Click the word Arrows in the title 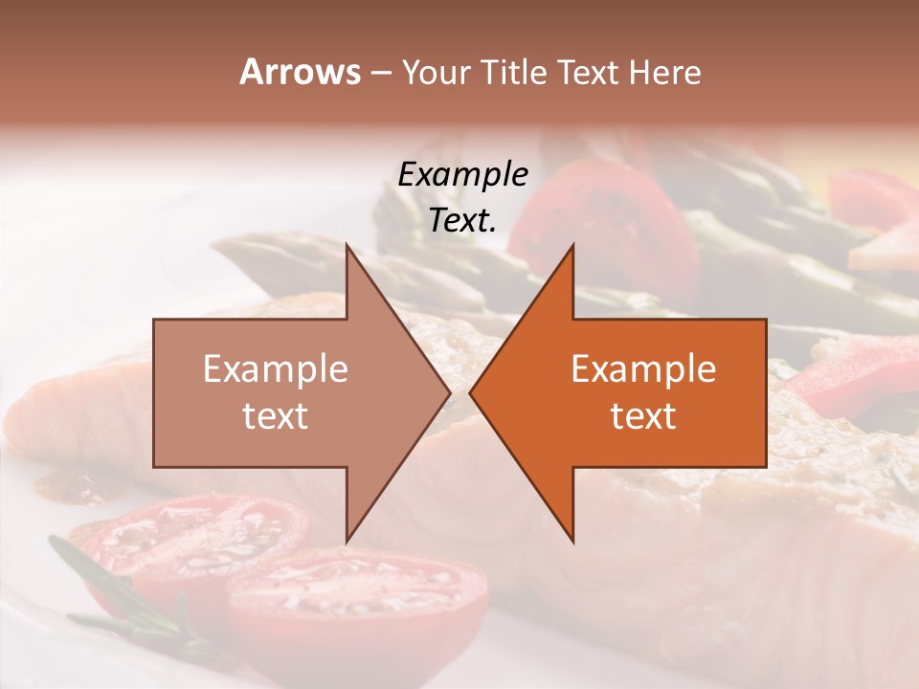pos(299,72)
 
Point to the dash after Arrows pos(380,74)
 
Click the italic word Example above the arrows pos(462,174)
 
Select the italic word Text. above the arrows pos(462,220)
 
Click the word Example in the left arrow pos(276,369)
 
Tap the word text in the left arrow pos(276,415)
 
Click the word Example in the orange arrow pos(643,369)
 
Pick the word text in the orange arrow pos(643,415)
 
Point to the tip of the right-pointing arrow pos(450,393)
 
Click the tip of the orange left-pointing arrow pos(470,393)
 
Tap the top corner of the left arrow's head pos(347,245)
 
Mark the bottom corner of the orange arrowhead pos(572,542)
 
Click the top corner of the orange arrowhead pos(572,245)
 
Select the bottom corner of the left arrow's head pos(347,542)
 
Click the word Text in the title pos(593,73)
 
